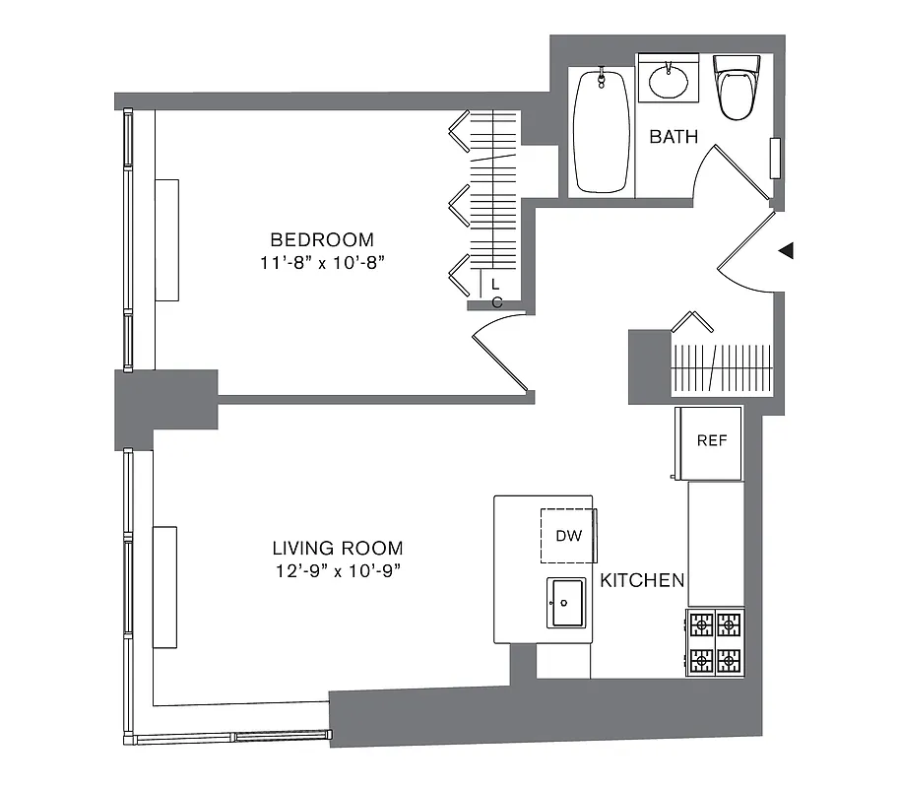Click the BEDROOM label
click(322, 239)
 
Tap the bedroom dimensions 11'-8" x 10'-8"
click(322, 262)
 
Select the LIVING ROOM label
click(338, 549)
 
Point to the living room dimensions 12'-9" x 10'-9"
click(338, 571)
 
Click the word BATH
click(674, 137)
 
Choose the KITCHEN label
click(642, 580)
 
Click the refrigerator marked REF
click(711, 440)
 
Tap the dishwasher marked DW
click(569, 536)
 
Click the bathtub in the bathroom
click(601, 131)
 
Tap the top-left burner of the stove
click(701, 624)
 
